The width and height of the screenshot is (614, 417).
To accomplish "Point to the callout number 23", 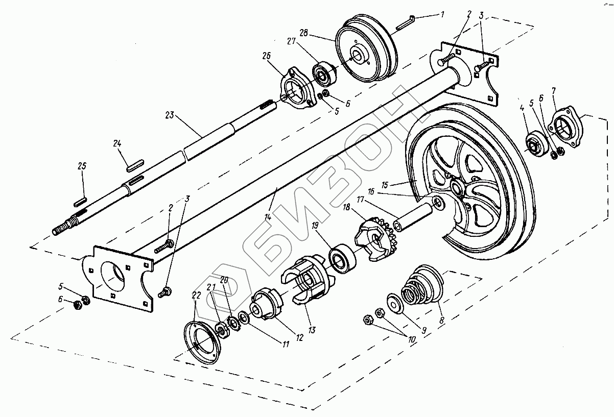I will coord(170,115).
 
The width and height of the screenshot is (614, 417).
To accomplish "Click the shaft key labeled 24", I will coord(134,164).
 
